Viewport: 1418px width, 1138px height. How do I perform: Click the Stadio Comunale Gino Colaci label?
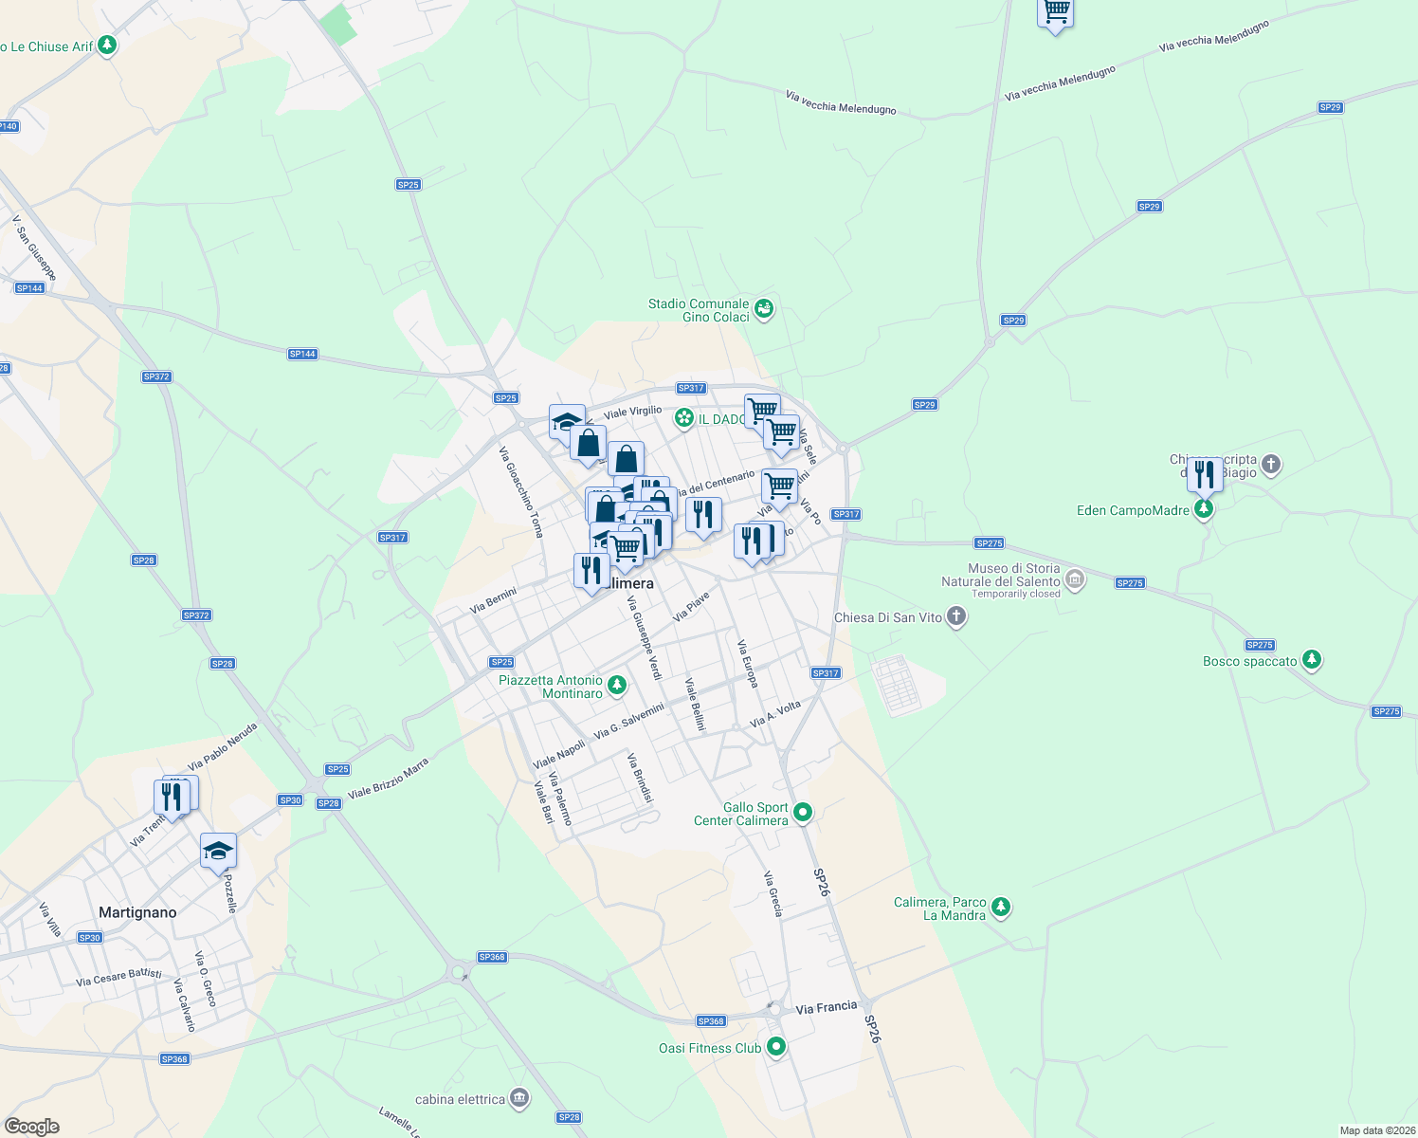click(699, 310)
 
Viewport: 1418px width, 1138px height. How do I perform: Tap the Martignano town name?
click(137, 912)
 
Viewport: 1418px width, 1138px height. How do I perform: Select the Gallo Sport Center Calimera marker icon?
click(803, 812)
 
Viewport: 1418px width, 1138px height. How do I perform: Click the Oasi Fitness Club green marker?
click(776, 1047)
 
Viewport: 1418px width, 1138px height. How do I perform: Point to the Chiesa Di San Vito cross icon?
click(956, 617)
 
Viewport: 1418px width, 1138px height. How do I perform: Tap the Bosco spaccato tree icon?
click(1311, 660)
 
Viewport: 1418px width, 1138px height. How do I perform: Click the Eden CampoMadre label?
click(1133, 510)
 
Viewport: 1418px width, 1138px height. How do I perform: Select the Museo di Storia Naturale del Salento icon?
click(1074, 578)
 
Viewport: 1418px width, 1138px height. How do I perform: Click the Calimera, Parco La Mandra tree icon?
click(1000, 908)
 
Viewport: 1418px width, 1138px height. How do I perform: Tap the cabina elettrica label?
click(460, 1099)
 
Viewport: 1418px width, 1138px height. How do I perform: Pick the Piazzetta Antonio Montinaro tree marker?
click(617, 685)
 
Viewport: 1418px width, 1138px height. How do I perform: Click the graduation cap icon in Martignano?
click(218, 850)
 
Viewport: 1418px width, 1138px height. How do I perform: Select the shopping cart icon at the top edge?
click(1055, 12)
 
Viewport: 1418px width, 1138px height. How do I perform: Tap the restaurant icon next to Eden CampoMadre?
click(1204, 473)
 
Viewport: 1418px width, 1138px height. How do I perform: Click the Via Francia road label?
click(826, 1007)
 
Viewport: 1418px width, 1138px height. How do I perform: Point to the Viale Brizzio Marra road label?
click(388, 778)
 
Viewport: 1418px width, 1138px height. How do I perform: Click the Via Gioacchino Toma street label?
click(521, 492)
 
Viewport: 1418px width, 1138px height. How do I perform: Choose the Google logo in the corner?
click(32, 1127)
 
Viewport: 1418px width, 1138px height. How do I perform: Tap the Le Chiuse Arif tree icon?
click(107, 46)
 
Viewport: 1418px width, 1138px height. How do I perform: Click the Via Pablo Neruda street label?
click(223, 746)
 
